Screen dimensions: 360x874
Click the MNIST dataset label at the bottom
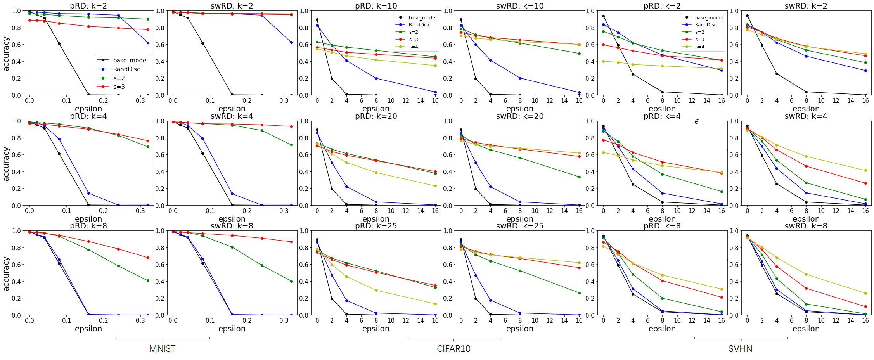coord(162,349)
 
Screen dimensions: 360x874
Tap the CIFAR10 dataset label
coord(453,349)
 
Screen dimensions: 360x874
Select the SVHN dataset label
coord(740,349)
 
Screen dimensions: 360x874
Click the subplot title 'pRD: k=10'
coord(376,6)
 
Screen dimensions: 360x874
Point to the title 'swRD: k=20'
coord(520,116)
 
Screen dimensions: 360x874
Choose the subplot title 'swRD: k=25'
coord(520,226)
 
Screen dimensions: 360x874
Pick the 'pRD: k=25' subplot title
coord(376,226)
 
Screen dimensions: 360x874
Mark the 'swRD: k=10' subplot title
coord(520,6)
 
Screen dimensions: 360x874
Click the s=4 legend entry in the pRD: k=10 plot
coord(414,47)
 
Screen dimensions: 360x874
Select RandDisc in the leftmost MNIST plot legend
coord(126,69)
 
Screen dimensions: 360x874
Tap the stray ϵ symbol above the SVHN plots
coord(696,122)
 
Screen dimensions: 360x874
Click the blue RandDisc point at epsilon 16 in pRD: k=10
coord(435,92)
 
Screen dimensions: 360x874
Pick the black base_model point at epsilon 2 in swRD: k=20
coord(476,189)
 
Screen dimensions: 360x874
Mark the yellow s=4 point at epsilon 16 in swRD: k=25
coord(579,263)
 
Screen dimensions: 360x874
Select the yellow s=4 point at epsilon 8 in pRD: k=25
coord(376,290)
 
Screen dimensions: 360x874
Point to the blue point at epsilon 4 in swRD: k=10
coord(490,60)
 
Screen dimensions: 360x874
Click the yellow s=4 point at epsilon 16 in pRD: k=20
coord(435,186)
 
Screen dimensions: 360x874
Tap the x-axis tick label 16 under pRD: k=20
coord(435,211)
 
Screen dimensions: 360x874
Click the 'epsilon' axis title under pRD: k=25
coord(376,329)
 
